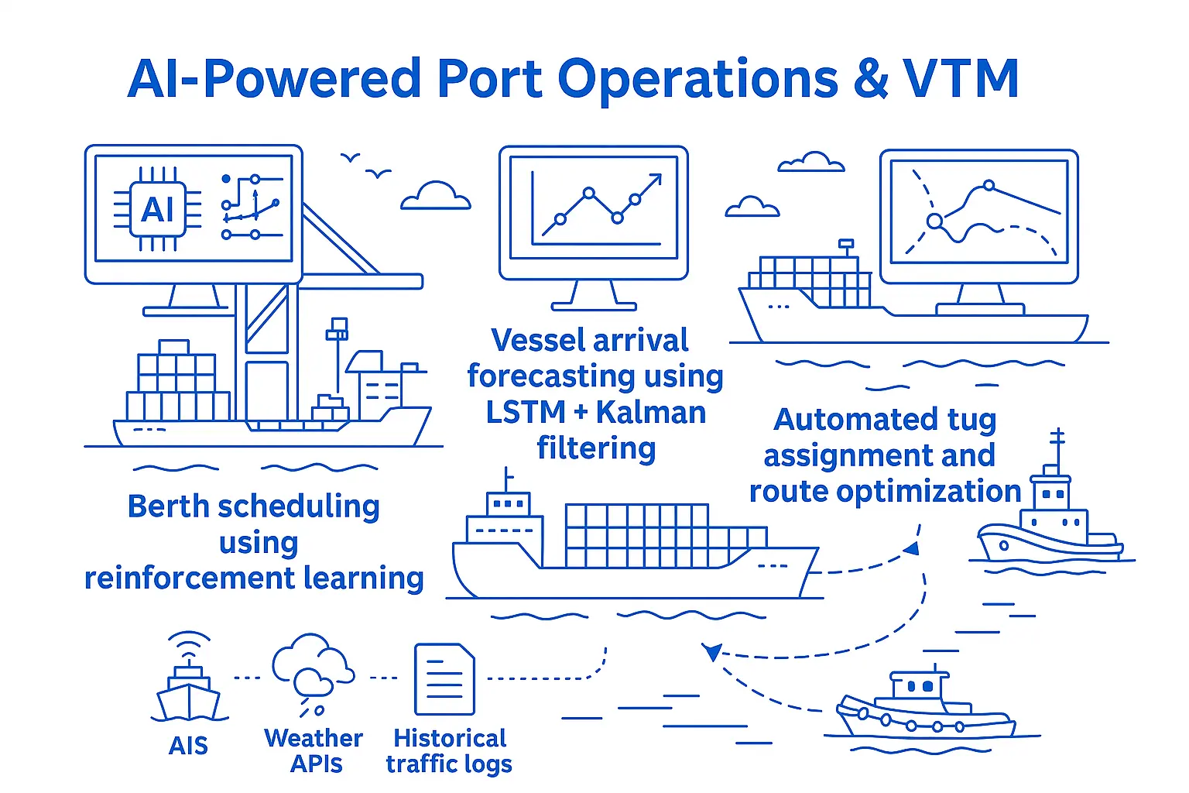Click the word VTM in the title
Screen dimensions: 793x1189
click(960, 79)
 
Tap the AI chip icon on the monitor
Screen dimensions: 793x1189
click(157, 209)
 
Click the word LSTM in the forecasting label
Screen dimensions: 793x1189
click(525, 412)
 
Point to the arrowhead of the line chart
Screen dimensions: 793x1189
click(656, 179)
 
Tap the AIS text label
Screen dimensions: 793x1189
click(188, 745)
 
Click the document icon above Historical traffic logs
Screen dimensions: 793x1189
click(444, 679)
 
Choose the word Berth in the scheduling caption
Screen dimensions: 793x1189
click(168, 506)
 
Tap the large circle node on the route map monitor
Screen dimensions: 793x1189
click(935, 221)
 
